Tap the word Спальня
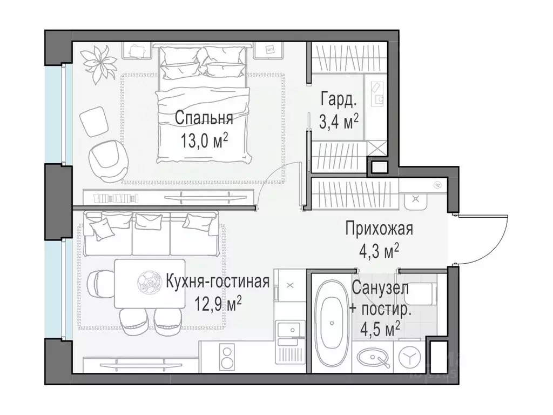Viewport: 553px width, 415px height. point(204,118)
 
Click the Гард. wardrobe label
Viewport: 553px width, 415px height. point(338,100)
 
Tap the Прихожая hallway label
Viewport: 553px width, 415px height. point(379,229)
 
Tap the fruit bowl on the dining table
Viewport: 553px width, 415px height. point(147,281)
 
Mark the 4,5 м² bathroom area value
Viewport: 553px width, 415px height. point(381,328)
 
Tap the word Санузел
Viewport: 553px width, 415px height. point(380,288)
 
